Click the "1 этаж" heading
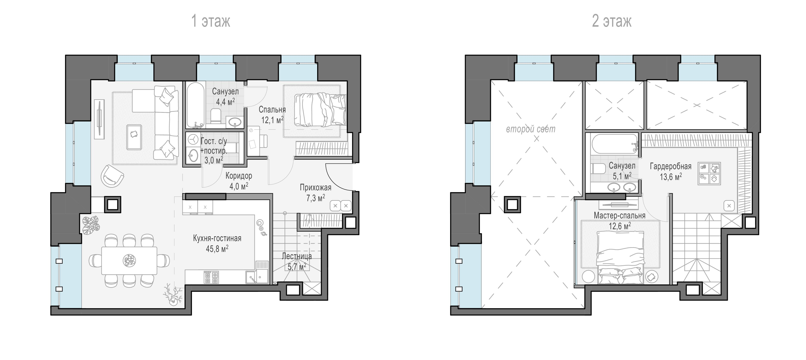pos(211,21)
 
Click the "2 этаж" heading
pos(612,21)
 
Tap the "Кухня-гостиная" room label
pos(217,238)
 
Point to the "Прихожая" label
pos(315,187)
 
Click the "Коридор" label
pos(239,176)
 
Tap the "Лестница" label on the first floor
pos(297,256)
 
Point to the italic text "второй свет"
pos(531,129)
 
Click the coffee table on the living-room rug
pos(134,137)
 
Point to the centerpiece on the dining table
pos(129,260)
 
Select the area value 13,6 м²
pos(671,177)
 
